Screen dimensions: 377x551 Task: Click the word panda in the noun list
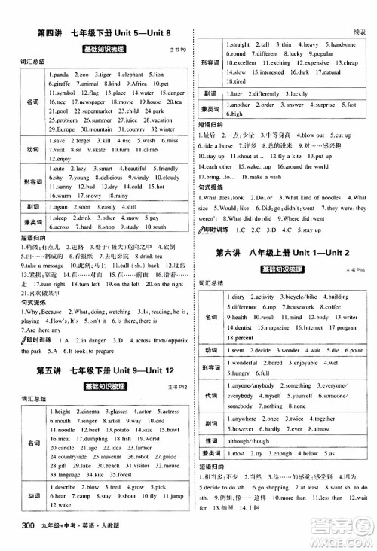(60, 75)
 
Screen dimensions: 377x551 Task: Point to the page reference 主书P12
(170, 388)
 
